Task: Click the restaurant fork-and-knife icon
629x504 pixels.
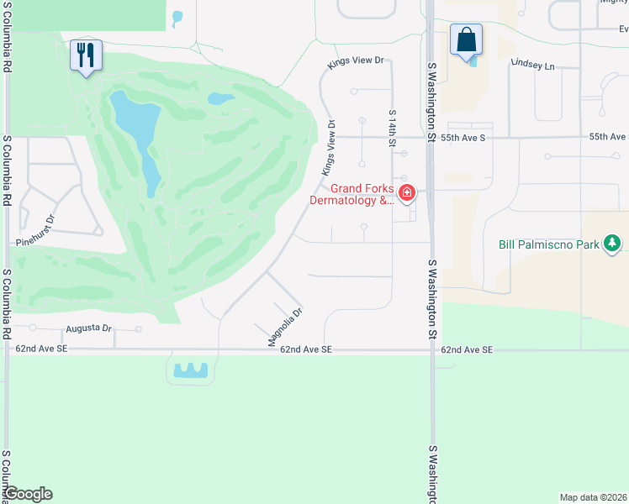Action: click(x=86, y=56)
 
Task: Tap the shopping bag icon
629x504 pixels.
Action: click(x=465, y=40)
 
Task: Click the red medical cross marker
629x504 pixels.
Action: click(x=407, y=194)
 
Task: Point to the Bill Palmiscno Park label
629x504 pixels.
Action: click(x=549, y=244)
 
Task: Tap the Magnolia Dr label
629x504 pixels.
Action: click(x=284, y=326)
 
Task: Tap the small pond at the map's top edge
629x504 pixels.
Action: click(x=177, y=17)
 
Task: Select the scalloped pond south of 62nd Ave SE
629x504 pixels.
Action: click(x=191, y=370)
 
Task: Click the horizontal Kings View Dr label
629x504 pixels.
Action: click(x=356, y=60)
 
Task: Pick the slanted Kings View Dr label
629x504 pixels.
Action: click(x=327, y=148)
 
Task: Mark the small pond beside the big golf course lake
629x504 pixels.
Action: click(x=221, y=99)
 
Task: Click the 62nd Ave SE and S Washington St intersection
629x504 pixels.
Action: click(x=434, y=349)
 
